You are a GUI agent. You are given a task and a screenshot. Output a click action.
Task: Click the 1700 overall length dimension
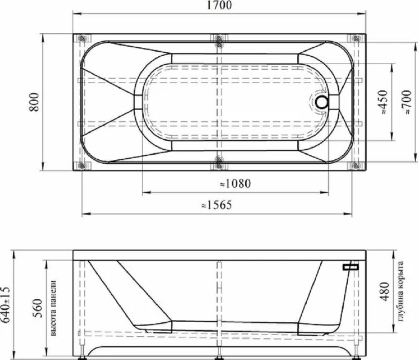point(219,5)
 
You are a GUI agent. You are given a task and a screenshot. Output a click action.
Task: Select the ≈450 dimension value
point(383,102)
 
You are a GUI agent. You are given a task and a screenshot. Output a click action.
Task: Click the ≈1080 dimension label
point(236,184)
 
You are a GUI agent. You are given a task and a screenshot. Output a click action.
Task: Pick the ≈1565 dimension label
point(217,205)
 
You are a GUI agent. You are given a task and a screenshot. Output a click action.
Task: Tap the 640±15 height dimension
point(5,305)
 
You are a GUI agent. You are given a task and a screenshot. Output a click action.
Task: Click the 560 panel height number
point(37,308)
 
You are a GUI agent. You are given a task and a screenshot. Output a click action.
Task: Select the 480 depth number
point(385,292)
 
